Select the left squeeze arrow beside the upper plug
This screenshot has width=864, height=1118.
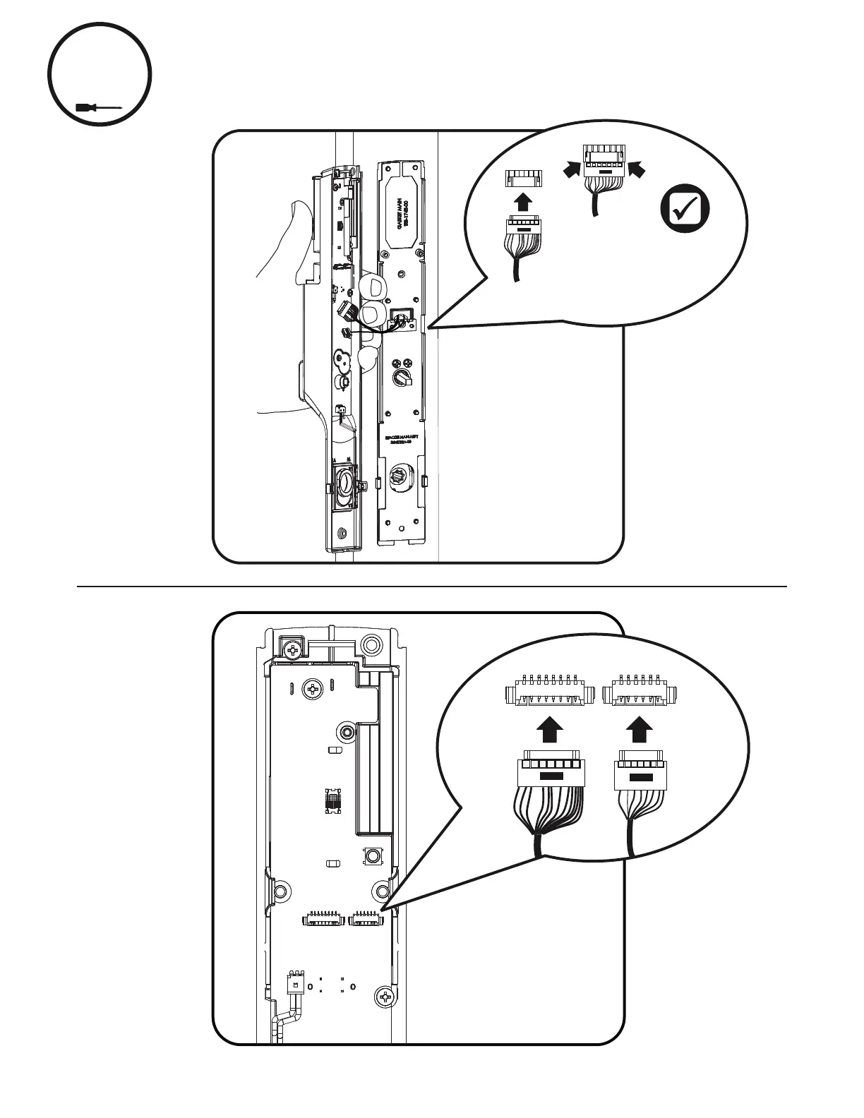(x=570, y=168)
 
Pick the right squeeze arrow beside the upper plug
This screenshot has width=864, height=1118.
(x=637, y=168)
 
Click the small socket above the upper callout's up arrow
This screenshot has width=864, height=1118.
(x=522, y=179)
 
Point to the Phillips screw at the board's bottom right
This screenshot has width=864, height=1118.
(x=385, y=997)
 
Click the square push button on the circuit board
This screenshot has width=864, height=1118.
(x=373, y=856)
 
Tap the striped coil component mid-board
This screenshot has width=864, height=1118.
(x=331, y=800)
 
